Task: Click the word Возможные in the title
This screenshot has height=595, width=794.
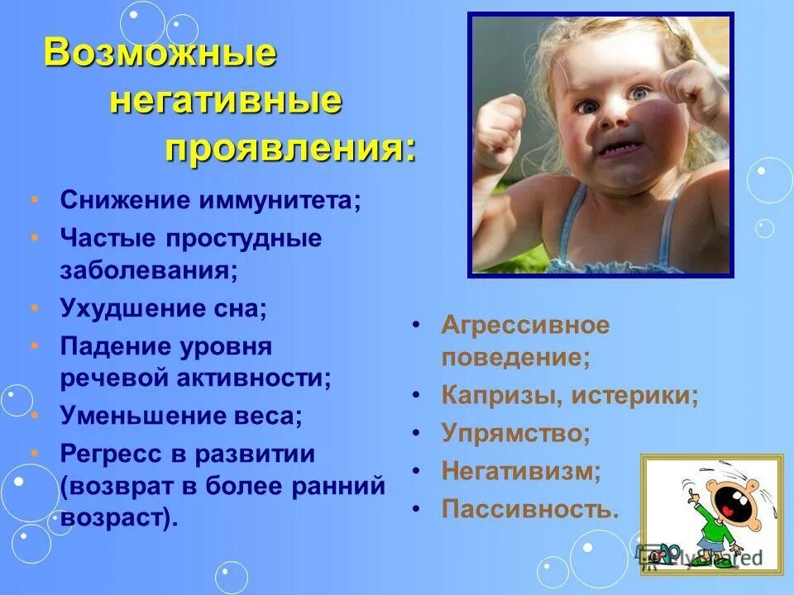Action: [x=160, y=54]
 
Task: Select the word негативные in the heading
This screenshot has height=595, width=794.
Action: [x=225, y=102]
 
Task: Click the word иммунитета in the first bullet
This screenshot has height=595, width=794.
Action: [x=281, y=202]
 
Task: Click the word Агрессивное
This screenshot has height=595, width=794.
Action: [x=525, y=325]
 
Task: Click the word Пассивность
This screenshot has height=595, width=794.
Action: [x=530, y=508]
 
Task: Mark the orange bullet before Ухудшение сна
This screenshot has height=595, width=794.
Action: [x=34, y=308]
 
